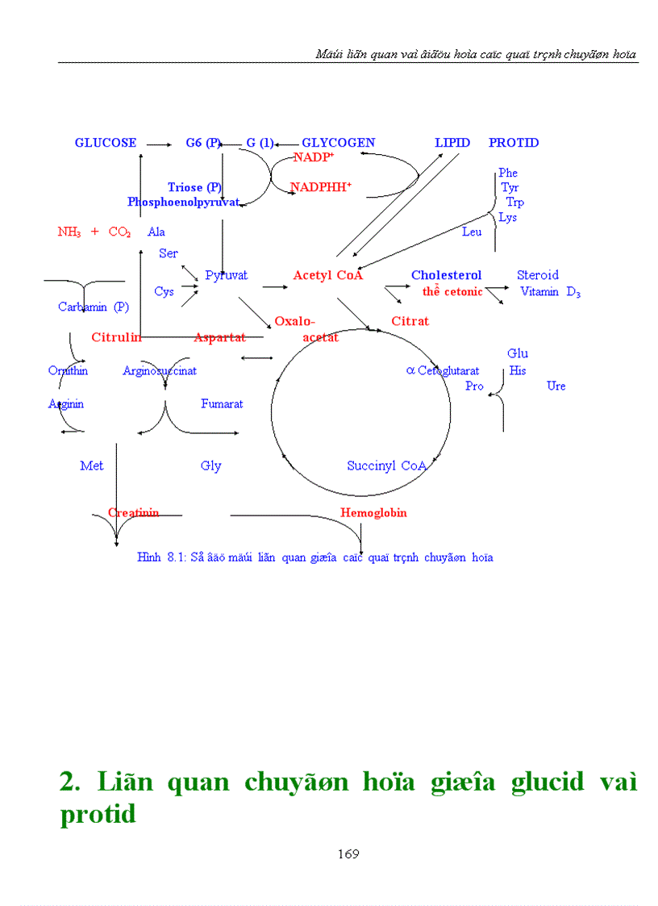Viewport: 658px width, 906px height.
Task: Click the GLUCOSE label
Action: click(106, 143)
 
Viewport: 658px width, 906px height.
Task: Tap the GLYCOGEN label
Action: click(338, 143)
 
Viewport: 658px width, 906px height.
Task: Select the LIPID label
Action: click(452, 143)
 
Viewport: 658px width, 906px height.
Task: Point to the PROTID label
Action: click(514, 143)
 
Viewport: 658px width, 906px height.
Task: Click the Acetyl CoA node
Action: click(328, 276)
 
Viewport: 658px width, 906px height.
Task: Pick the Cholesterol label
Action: click(446, 276)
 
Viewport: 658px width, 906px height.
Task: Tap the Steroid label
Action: click(537, 275)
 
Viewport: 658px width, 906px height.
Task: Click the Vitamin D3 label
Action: click(550, 292)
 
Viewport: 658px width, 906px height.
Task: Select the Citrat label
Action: click(410, 321)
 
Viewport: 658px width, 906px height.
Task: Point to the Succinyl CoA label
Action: click(386, 466)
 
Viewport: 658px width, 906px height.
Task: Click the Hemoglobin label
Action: click(373, 513)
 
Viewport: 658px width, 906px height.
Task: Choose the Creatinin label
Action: click(133, 513)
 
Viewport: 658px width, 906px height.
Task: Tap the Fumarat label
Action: click(222, 403)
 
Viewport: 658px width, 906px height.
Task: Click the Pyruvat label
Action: click(226, 276)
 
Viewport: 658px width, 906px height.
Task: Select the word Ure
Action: click(556, 386)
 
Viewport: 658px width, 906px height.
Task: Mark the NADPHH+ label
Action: click(321, 187)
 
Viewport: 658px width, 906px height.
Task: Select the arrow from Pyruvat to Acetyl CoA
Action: click(274, 286)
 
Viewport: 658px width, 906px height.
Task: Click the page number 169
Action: click(348, 854)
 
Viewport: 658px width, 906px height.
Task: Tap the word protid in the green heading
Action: click(98, 815)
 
